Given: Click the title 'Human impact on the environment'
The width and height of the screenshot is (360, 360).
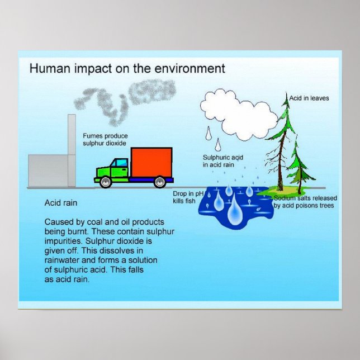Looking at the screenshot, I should pyautogui.click(x=127, y=69).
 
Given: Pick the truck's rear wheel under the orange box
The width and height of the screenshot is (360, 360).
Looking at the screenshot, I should pyautogui.click(x=159, y=182).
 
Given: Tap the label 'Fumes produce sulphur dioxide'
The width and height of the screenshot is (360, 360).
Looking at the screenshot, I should pyautogui.click(x=106, y=140).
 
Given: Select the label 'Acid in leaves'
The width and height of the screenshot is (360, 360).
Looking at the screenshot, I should pyautogui.click(x=309, y=98).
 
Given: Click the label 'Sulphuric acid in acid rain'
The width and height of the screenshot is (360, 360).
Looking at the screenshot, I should pyautogui.click(x=222, y=160).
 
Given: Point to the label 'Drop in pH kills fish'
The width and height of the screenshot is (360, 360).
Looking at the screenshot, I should pyautogui.click(x=185, y=196).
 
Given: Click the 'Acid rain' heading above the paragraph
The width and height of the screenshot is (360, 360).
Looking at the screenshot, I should pyautogui.click(x=60, y=203).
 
